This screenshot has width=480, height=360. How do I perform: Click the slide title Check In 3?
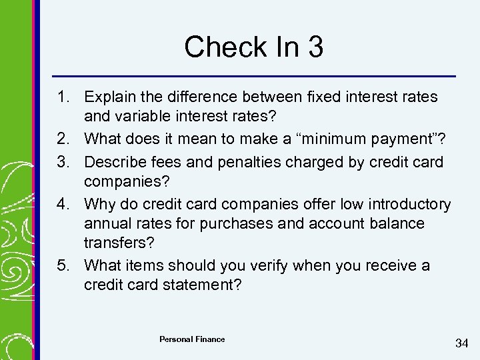(253, 47)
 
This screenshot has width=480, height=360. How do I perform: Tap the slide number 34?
(461, 343)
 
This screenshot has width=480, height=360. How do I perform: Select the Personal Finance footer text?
(192, 339)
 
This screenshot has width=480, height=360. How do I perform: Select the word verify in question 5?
(249, 265)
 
